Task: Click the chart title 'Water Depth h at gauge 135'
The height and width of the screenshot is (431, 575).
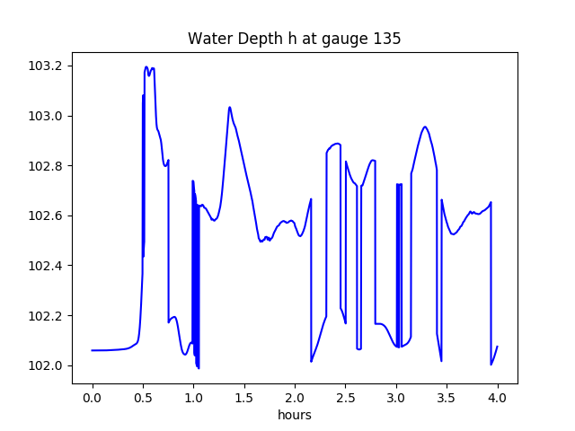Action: pos(294,39)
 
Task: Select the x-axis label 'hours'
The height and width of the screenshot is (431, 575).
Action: pos(295,416)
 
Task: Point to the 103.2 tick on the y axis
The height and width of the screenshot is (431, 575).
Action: pos(46,66)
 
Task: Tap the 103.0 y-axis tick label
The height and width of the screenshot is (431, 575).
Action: pos(46,117)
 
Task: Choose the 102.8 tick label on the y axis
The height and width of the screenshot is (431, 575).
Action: pos(46,166)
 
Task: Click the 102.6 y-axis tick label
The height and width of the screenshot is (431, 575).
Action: pos(46,216)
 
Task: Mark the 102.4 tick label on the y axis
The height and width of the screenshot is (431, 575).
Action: pos(46,266)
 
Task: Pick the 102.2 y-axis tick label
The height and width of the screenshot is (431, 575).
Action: pos(46,316)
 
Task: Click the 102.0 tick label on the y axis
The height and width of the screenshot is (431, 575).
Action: pos(46,365)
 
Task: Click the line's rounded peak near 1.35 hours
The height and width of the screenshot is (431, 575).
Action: pos(230,108)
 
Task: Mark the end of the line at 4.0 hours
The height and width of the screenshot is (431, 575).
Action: pos(497,347)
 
